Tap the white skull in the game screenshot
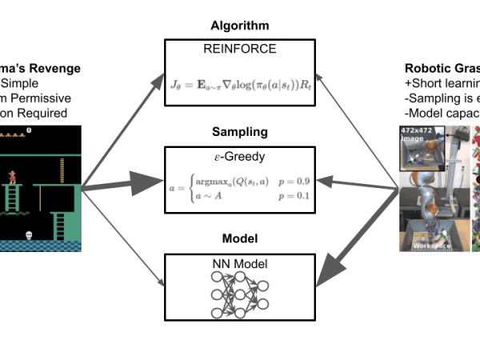pos(30,234)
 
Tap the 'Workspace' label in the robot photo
pos(433,246)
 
